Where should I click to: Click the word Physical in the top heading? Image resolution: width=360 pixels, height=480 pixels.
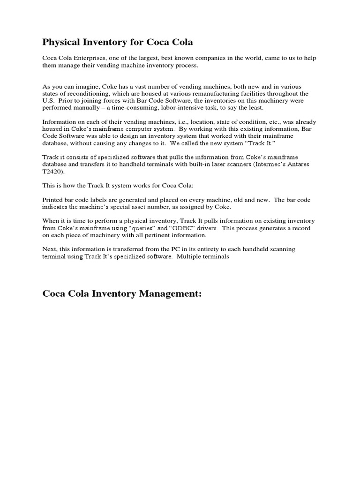pyautogui.click(x=60, y=43)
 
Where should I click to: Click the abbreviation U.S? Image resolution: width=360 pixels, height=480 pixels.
pyautogui.click(x=49, y=100)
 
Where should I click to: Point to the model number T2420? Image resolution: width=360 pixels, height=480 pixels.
pyautogui.click(x=53, y=172)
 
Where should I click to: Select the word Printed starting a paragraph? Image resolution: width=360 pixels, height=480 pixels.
pyautogui.click(x=54, y=200)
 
